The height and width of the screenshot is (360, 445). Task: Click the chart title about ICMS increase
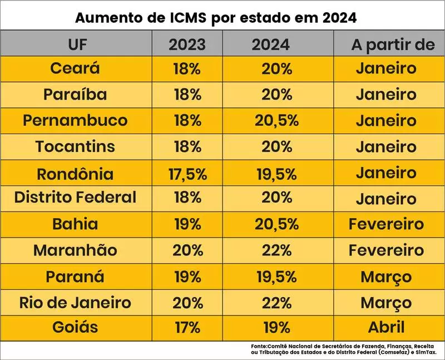pyautogui.click(x=216, y=17)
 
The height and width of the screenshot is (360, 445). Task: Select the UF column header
pyautogui.click(x=77, y=44)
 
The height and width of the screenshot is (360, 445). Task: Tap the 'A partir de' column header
pyautogui.click(x=393, y=44)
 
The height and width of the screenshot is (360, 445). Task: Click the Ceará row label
pyautogui.click(x=75, y=68)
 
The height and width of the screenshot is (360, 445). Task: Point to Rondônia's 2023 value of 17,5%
pyautogui.click(x=187, y=174)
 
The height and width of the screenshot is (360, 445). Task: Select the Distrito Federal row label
pyautogui.click(x=75, y=198)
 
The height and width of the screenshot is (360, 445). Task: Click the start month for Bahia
pyautogui.click(x=386, y=224)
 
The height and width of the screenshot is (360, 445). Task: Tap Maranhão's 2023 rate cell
pyautogui.click(x=187, y=250)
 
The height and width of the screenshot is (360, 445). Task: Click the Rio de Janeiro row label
pyautogui.click(x=75, y=303)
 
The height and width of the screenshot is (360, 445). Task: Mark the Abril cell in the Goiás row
pyautogui.click(x=386, y=327)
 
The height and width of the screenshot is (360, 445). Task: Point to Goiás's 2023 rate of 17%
pyautogui.click(x=187, y=327)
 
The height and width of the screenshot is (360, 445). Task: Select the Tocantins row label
pyautogui.click(x=75, y=147)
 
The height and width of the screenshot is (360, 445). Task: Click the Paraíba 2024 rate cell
pyautogui.click(x=276, y=95)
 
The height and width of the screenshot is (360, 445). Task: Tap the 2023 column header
pyautogui.click(x=187, y=44)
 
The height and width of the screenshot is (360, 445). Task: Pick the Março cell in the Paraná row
pyautogui.click(x=386, y=277)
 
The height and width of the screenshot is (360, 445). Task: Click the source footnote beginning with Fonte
pyautogui.click(x=344, y=349)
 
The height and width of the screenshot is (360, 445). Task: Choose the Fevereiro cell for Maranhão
pyautogui.click(x=386, y=250)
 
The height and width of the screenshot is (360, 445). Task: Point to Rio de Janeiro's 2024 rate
pyautogui.click(x=276, y=303)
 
